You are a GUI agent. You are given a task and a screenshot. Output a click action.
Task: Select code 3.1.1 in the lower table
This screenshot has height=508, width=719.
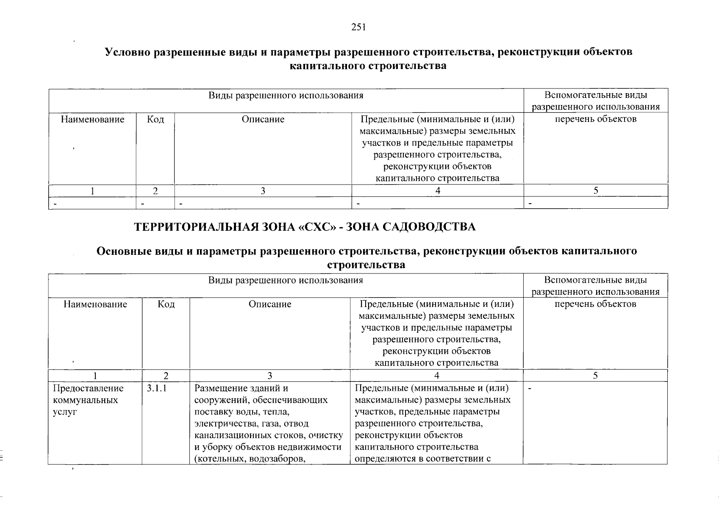156,388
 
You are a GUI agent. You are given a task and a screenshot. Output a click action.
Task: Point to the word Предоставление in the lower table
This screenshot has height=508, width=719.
88,388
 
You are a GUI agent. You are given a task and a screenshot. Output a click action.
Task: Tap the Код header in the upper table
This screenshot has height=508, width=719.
155,119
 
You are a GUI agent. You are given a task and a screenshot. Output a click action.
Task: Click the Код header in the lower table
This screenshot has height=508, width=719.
166,304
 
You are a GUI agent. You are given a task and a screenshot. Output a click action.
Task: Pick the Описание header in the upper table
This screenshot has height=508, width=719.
263,119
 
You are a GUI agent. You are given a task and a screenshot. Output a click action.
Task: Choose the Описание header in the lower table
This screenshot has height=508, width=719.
270,304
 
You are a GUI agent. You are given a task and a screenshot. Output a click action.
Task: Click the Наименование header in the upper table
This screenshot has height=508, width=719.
92,119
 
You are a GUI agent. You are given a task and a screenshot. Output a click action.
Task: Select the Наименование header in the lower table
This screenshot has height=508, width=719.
95,304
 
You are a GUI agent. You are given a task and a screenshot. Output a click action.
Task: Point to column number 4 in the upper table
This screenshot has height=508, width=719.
438,191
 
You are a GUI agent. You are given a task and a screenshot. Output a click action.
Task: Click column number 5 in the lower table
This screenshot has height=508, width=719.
595,375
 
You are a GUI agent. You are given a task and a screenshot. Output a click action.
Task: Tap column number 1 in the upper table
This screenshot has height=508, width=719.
92,191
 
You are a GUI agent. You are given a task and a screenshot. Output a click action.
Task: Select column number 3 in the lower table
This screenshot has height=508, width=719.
270,375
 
